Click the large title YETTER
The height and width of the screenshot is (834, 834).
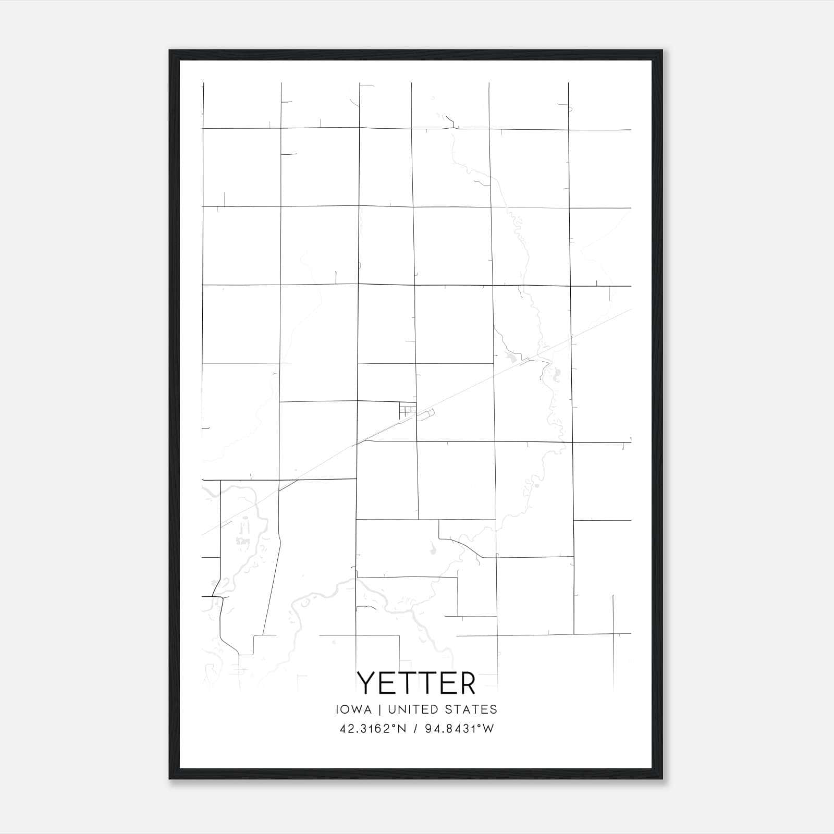(416, 683)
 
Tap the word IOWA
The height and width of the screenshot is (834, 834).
(353, 709)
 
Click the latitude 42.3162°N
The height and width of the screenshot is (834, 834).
(372, 729)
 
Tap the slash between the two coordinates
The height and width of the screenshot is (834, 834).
(415, 729)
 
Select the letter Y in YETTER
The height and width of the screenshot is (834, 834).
(366, 683)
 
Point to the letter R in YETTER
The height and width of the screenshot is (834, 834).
(467, 683)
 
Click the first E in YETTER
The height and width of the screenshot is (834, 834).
(387, 683)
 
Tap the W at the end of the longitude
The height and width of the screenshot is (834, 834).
(488, 729)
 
